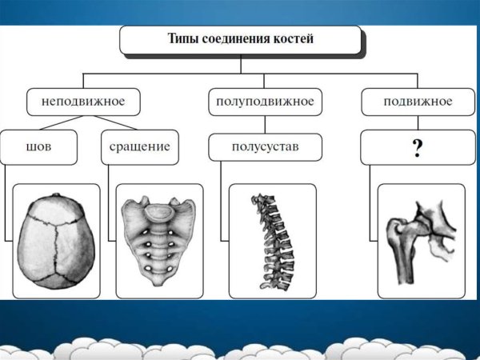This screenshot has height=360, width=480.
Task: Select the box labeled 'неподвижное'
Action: point(83,102)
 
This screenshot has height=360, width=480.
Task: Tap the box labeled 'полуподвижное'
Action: point(265,102)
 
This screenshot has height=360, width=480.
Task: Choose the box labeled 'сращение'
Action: point(140,147)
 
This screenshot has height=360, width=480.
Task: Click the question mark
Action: point(417,149)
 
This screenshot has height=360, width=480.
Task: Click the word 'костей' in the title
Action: point(290,38)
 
